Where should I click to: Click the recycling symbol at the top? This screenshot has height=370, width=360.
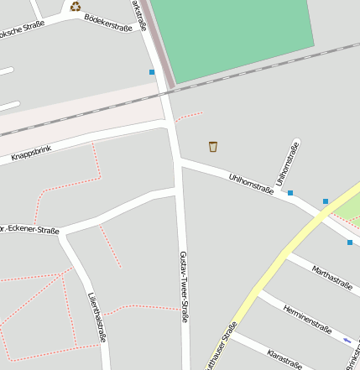click(76, 7)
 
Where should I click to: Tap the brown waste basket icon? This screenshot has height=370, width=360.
click(213, 147)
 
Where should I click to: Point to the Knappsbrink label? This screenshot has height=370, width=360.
click(32, 154)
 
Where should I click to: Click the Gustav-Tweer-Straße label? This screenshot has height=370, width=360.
click(185, 286)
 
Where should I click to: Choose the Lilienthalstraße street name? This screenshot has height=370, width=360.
click(97, 317)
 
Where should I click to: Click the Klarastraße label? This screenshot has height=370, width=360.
click(284, 358)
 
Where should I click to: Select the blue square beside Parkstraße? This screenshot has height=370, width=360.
click(152, 72)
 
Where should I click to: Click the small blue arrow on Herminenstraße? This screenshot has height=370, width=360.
click(347, 340)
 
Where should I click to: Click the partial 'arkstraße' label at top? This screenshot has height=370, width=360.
click(140, 15)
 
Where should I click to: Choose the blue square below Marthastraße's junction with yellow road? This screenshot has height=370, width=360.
click(350, 242)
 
